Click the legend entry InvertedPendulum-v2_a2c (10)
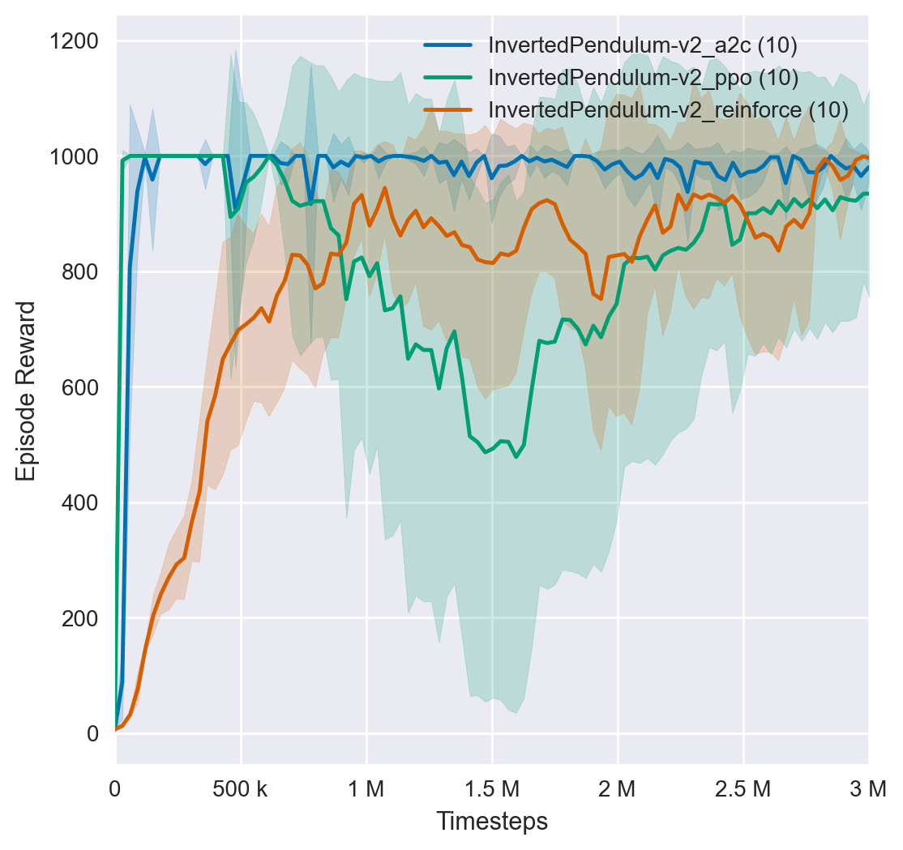pos(643,46)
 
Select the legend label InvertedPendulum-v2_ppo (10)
pos(644,78)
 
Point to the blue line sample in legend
pos(448,46)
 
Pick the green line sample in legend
pos(448,78)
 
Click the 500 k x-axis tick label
pos(241,788)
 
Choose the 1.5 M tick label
pos(492,788)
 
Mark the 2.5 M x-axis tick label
pos(743,788)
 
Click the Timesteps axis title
pos(492,822)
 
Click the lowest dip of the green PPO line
pos(516,457)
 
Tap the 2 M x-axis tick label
pos(618,788)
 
